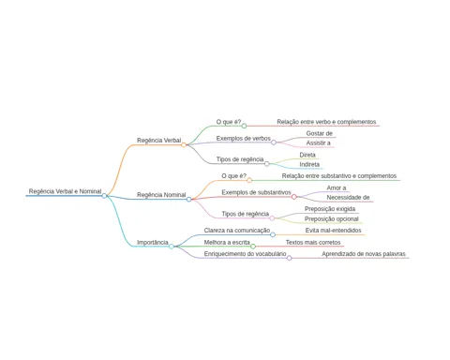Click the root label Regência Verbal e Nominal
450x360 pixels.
coord(65,191)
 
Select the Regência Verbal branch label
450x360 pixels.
coord(158,141)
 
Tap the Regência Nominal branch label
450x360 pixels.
coord(161,195)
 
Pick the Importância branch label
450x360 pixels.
coord(153,242)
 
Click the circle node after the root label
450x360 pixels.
coord(104,196)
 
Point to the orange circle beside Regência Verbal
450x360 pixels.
coord(184,144)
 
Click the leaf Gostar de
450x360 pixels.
coord(319,133)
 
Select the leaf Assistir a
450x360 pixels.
coord(318,142)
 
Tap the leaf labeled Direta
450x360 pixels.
coord(307,155)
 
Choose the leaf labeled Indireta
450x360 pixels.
coord(309,164)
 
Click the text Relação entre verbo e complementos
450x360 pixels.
coord(326,122)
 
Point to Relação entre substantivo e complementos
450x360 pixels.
coord(339,176)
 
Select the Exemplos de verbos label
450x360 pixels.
coord(244,138)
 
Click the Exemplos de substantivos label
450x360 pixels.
coord(256,192)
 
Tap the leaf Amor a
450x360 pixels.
coord(337,187)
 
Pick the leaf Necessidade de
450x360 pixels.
coord(348,198)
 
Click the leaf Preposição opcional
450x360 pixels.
coord(332,218)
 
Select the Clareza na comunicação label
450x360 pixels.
coord(237,231)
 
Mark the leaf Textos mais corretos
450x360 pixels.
coord(313,242)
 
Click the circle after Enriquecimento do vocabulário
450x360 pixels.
coord(290,258)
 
